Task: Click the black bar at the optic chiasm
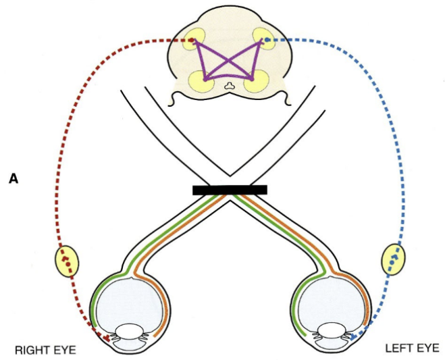tap(230, 190)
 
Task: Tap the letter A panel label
tap(13, 179)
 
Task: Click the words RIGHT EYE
tap(45, 350)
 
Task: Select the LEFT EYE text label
tap(411, 349)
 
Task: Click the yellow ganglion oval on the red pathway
tap(66, 261)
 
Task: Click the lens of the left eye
tap(330, 332)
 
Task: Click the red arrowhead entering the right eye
tap(107, 336)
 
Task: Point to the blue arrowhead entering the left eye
tap(353, 334)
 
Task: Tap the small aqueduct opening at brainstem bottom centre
tap(230, 86)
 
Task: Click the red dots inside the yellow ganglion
tap(65, 259)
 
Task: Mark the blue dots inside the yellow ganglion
tap(394, 258)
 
